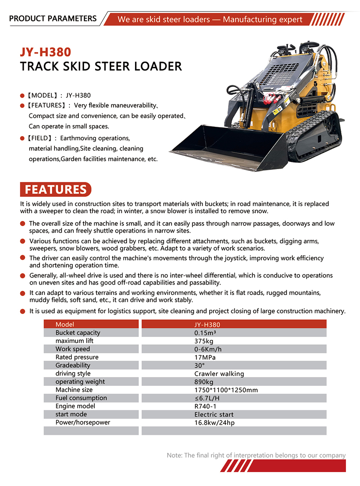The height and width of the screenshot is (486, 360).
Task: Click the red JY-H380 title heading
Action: (45, 52)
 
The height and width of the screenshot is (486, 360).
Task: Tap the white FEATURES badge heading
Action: (56, 189)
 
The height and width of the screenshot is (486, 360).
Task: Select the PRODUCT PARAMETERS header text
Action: (53, 18)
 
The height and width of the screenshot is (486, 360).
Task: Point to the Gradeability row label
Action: (73, 365)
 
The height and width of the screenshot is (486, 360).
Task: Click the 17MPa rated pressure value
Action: (205, 357)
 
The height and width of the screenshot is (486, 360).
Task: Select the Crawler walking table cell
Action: (219, 373)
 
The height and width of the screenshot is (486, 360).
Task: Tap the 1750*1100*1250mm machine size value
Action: (226, 390)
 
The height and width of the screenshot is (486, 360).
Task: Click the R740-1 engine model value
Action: (206, 406)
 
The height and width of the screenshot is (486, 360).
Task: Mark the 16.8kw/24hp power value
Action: (214, 423)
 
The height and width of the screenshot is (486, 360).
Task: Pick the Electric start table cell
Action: (214, 414)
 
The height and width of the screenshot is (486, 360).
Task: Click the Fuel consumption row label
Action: (81, 398)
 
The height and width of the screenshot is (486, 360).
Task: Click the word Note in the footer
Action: (174, 455)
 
